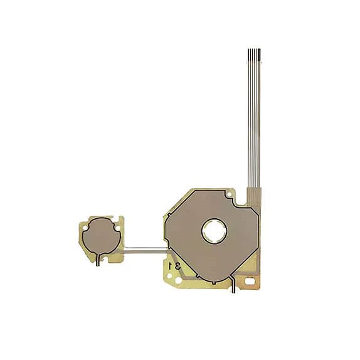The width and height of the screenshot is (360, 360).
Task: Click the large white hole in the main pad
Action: tap(214, 230)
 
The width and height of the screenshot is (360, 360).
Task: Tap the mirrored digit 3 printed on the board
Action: tap(177, 266)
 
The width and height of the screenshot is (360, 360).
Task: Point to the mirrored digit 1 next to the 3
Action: tap(171, 266)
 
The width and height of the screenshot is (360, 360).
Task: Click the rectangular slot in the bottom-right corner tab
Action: tap(250, 281)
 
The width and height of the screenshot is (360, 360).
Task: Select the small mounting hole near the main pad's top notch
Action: tap(229, 194)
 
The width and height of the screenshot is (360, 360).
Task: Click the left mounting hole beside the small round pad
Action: tap(85, 228)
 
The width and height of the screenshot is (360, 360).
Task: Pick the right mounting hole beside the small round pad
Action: tap(117, 227)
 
